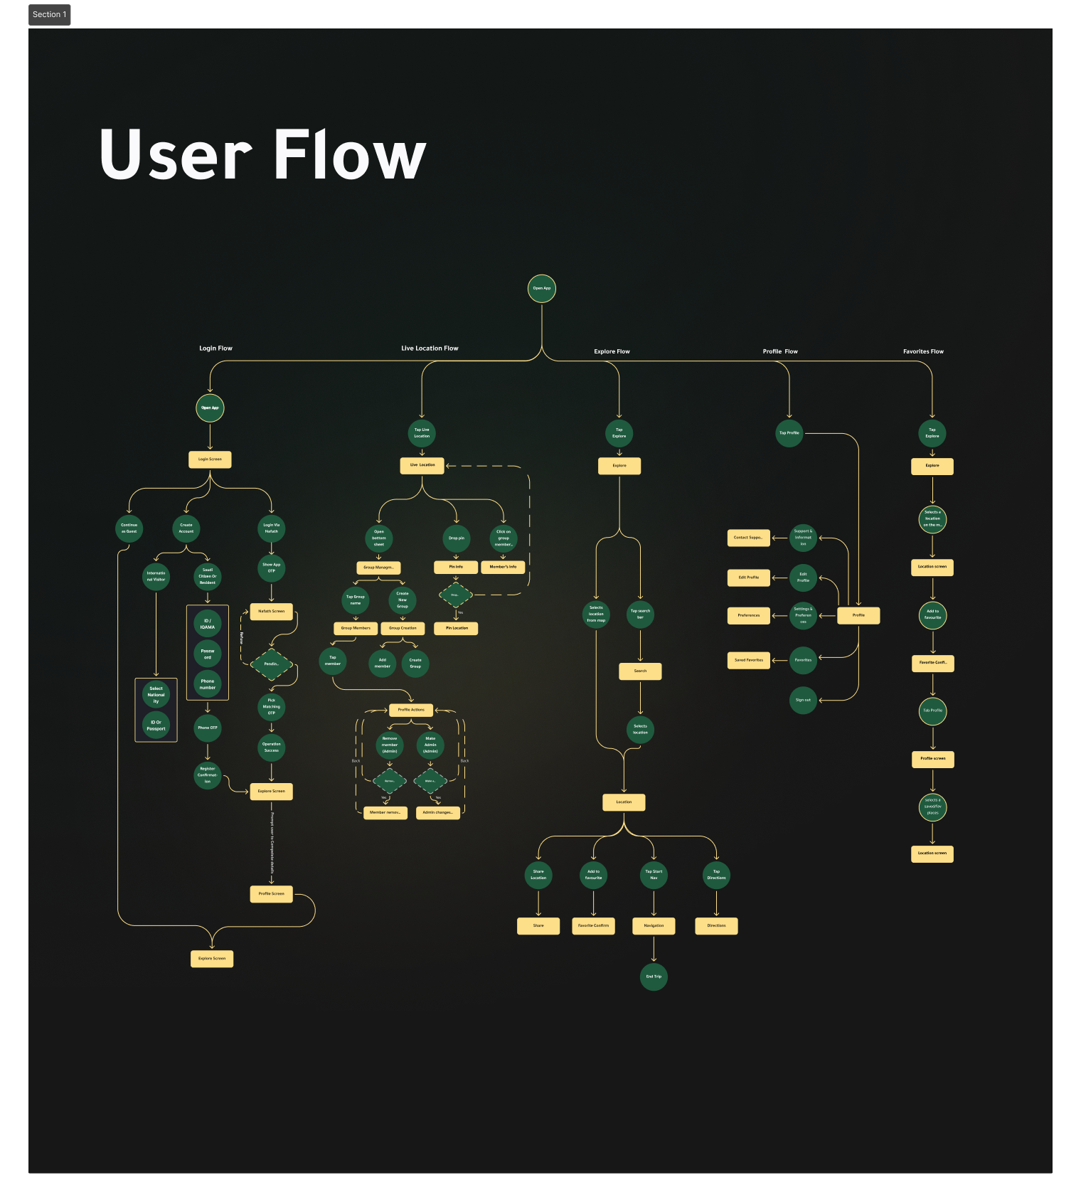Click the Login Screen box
tap(210, 459)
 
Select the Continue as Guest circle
tap(129, 528)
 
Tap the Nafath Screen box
tap(271, 612)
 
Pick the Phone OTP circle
tap(208, 728)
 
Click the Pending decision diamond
tap(272, 664)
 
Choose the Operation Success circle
tap(272, 748)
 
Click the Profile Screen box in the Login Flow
tap(271, 894)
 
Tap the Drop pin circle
tap(456, 538)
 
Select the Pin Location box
tap(457, 629)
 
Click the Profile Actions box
tap(411, 710)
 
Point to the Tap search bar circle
tap(640, 614)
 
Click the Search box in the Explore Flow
tap(640, 671)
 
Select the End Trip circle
tap(654, 977)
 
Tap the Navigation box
tap(654, 926)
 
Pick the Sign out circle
tap(803, 700)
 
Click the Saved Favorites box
tap(749, 660)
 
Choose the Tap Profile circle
tap(789, 432)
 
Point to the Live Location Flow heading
tap(430, 349)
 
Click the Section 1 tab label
tap(50, 15)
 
